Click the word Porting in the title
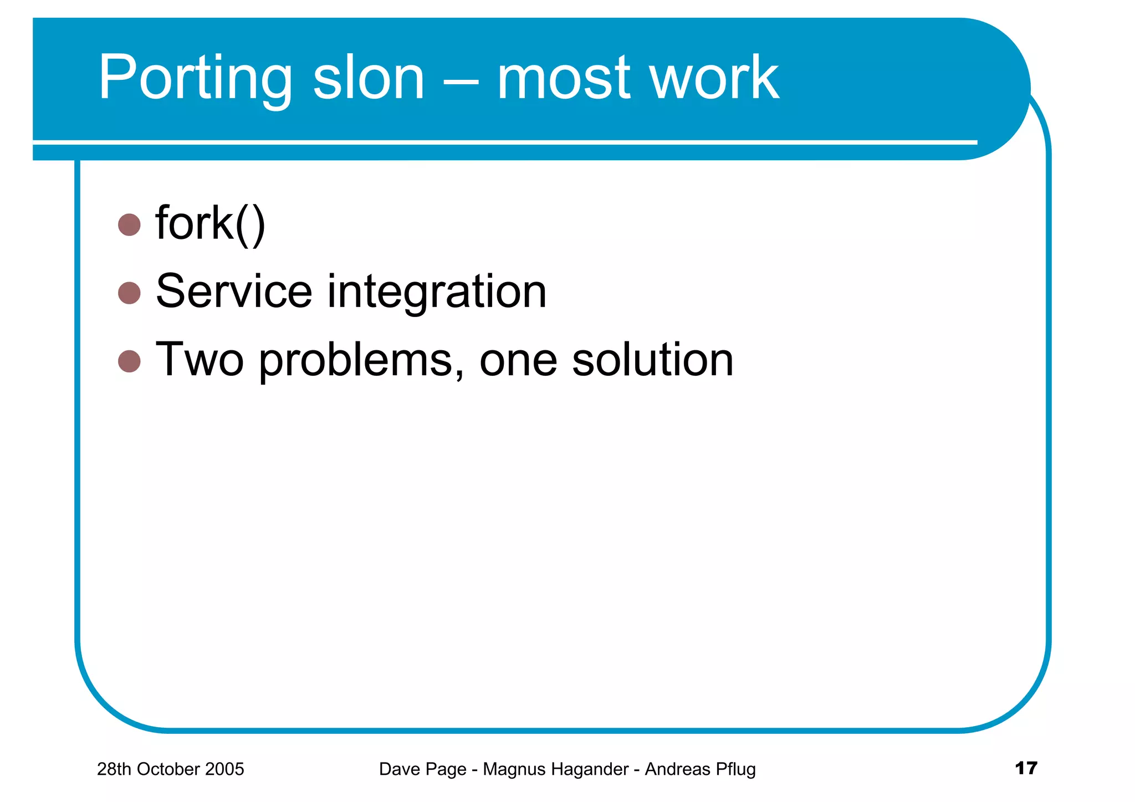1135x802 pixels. point(195,79)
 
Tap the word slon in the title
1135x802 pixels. point(369,79)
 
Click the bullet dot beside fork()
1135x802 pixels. point(130,225)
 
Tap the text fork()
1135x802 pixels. point(211,223)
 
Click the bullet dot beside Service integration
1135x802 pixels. point(130,293)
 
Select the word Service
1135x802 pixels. point(234,292)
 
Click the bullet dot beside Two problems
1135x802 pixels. point(130,361)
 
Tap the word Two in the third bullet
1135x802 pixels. point(200,360)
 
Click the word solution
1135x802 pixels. point(652,360)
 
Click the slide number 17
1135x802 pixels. point(1026,768)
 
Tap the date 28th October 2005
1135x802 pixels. point(170,769)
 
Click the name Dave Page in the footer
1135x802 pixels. point(422,769)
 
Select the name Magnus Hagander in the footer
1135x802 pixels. point(555,769)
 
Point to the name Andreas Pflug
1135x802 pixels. point(700,769)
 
